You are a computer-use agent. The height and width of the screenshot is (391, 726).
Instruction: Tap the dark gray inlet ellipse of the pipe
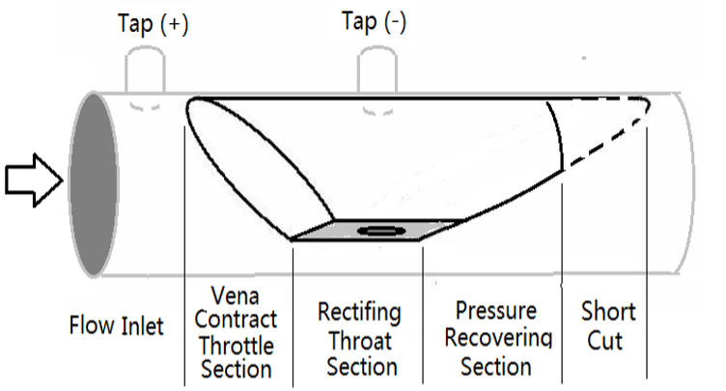pos(89,181)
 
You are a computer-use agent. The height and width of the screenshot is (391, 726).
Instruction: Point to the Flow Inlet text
pos(116,324)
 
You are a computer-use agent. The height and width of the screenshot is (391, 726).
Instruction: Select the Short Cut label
pos(608,326)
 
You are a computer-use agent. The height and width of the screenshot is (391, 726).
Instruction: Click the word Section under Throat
pos(361,366)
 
